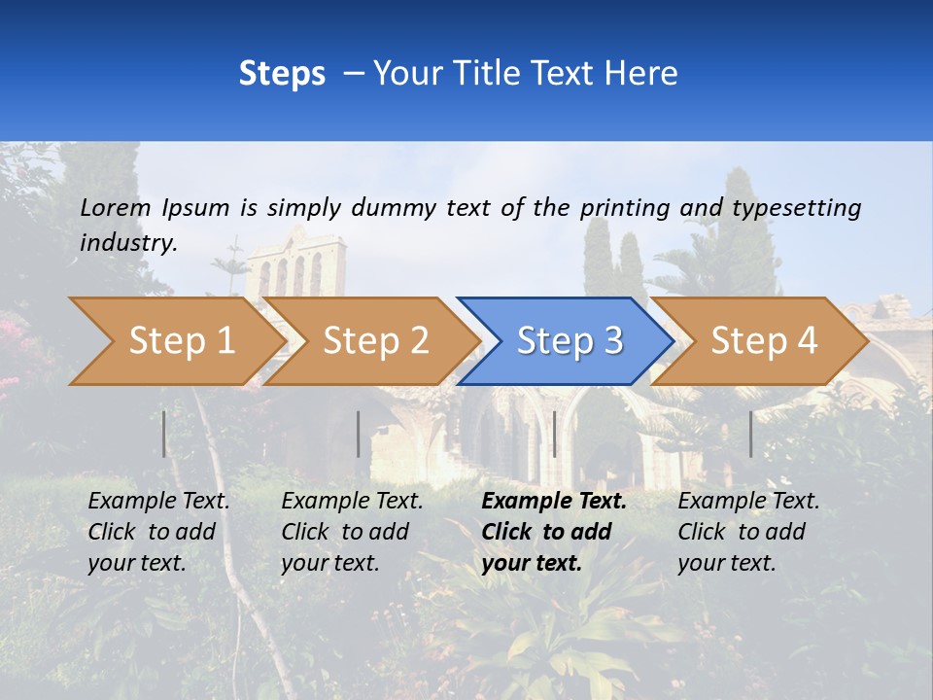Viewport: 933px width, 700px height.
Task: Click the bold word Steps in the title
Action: click(x=282, y=74)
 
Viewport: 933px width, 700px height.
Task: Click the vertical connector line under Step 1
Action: click(x=164, y=434)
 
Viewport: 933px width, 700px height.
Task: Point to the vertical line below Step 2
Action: click(x=359, y=434)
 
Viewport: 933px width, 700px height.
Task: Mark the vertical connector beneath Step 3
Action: click(x=555, y=434)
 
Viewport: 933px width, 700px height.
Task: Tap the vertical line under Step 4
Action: click(x=751, y=434)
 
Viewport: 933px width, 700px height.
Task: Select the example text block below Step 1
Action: click(x=158, y=531)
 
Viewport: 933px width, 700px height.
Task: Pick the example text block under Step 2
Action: click(x=352, y=531)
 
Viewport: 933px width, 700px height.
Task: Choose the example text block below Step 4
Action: click(x=748, y=531)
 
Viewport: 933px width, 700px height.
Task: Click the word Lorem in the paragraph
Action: click(x=116, y=207)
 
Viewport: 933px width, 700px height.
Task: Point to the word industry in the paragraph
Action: click(x=128, y=242)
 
